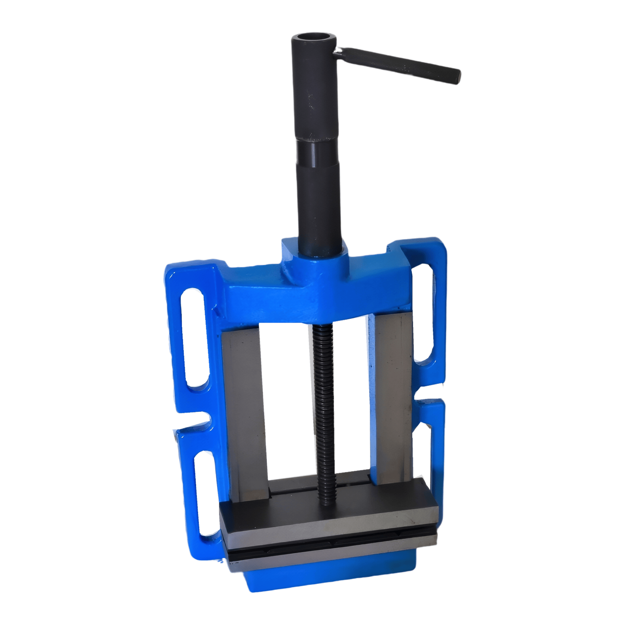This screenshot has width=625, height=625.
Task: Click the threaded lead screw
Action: click(x=324, y=396)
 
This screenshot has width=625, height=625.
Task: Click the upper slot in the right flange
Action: click(x=424, y=311)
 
